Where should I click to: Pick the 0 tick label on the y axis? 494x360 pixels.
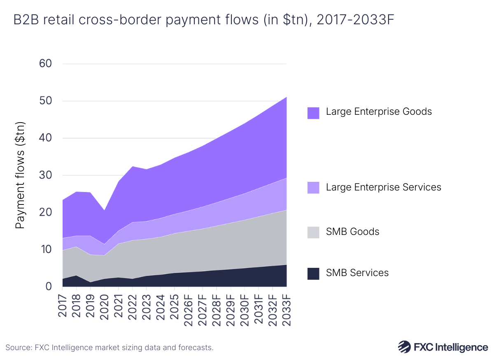click(49, 286)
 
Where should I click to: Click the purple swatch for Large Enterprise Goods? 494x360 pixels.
click(313, 113)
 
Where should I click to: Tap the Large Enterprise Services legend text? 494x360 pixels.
click(383, 187)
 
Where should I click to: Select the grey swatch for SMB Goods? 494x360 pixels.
click(313, 232)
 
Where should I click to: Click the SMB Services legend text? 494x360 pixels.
click(357, 273)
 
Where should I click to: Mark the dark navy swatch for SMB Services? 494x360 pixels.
click(313, 274)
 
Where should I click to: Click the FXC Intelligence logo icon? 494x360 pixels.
click(404, 346)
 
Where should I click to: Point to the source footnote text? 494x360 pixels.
click(110, 348)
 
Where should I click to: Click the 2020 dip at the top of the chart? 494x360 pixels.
click(105, 210)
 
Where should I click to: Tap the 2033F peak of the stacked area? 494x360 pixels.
click(286, 98)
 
